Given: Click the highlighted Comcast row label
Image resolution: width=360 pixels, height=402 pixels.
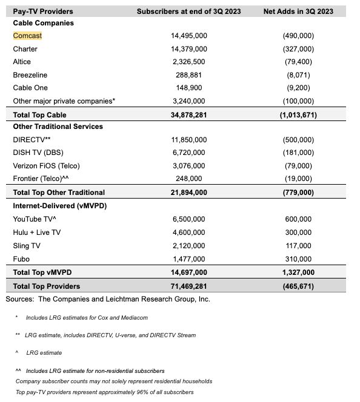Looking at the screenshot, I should click(27, 36).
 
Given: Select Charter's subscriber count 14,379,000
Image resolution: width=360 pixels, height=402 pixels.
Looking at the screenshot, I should click(188, 49).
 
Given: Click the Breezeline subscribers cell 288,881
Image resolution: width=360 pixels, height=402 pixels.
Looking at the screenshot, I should click(188, 75).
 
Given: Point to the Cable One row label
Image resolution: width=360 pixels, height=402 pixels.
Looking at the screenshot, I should click(30, 88).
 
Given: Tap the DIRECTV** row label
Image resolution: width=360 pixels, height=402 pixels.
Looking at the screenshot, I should click(32, 140).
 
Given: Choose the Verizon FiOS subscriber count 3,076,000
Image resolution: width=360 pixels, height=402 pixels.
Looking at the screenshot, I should click(188, 166).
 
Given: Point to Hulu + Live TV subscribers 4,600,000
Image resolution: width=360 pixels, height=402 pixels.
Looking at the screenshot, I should click(188, 232).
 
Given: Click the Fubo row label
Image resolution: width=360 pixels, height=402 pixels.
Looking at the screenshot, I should click(22, 259).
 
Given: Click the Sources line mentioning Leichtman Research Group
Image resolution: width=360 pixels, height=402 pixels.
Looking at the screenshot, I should click(108, 298).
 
